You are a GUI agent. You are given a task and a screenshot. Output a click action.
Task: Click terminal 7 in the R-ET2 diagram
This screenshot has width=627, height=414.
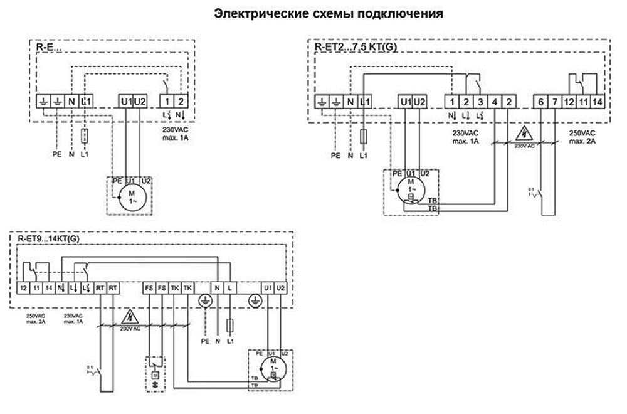[x=555, y=101]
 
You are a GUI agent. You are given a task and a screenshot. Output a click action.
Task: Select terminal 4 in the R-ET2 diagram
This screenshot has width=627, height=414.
[x=495, y=101]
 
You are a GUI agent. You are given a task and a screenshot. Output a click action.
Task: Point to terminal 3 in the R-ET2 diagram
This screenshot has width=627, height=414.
[x=480, y=101]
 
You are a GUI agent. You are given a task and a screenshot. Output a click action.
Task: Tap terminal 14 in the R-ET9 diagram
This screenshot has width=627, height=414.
[x=49, y=288]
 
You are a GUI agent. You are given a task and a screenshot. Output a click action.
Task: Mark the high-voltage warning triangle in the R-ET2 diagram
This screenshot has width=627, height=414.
[x=524, y=133]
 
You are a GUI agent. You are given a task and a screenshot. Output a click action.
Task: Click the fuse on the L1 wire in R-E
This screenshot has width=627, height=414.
[x=85, y=135]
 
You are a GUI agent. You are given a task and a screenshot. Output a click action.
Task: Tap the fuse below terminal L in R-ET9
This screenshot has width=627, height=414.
[x=231, y=325]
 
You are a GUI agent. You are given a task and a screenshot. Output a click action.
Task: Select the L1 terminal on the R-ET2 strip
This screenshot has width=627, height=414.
[x=364, y=101]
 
